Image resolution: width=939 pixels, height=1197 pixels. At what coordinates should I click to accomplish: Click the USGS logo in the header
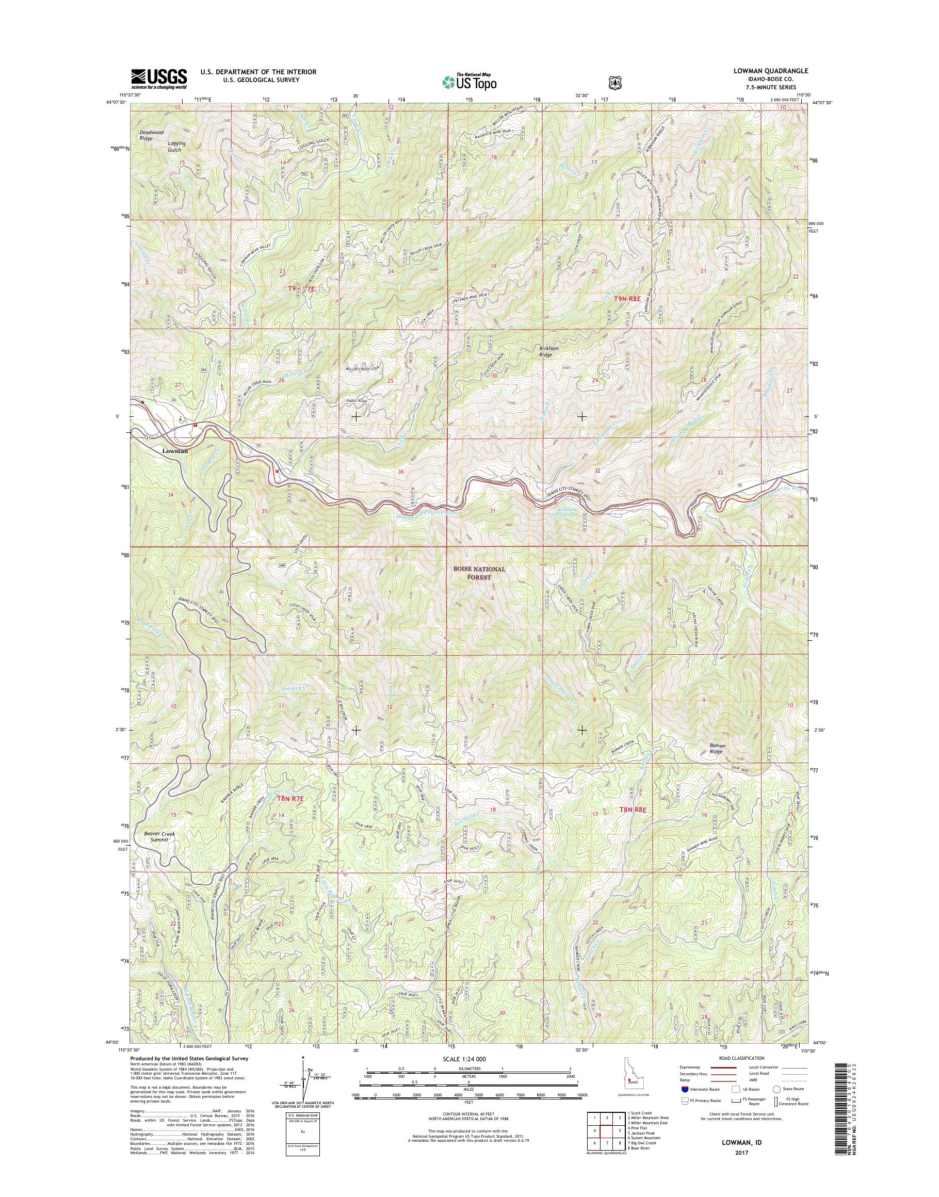click(x=158, y=79)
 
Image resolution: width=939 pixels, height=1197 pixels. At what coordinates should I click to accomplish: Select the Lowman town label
click(x=175, y=451)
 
